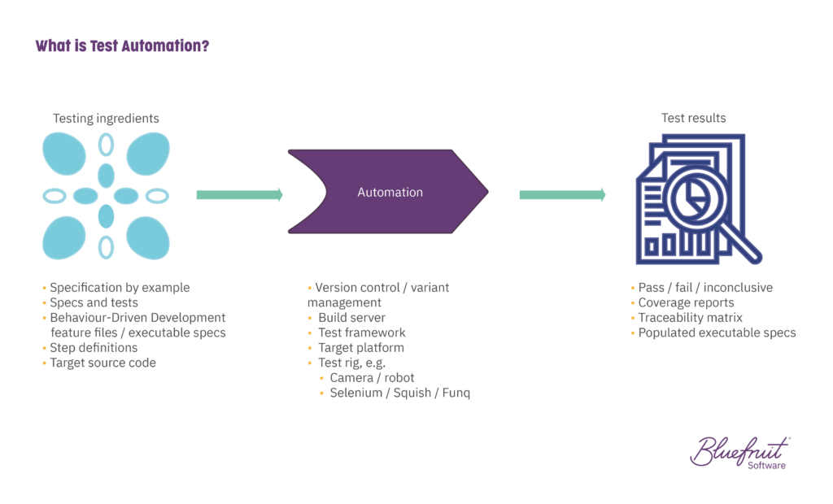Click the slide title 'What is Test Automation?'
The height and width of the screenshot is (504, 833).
[122, 46]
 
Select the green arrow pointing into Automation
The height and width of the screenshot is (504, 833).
[240, 195]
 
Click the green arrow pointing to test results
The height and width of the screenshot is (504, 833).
[563, 195]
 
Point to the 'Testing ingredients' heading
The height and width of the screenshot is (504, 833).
[106, 119]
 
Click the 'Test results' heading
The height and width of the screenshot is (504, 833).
[693, 118]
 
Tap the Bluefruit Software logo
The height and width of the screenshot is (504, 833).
[740, 453]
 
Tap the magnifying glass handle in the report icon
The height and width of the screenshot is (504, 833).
[742, 242]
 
